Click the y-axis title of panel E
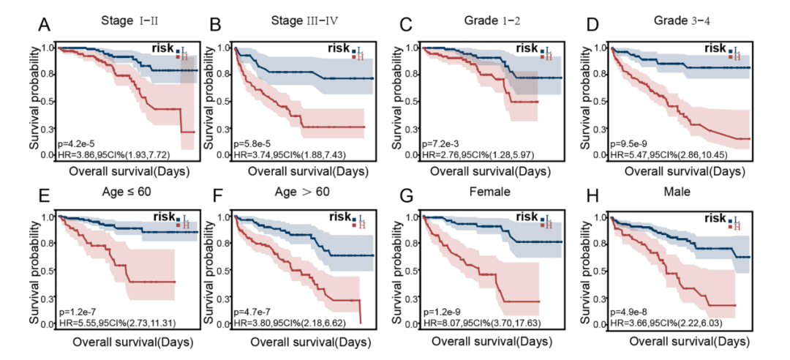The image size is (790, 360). coord(35,270)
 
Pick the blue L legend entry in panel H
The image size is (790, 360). coord(732,219)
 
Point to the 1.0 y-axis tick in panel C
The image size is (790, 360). coord(413,48)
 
